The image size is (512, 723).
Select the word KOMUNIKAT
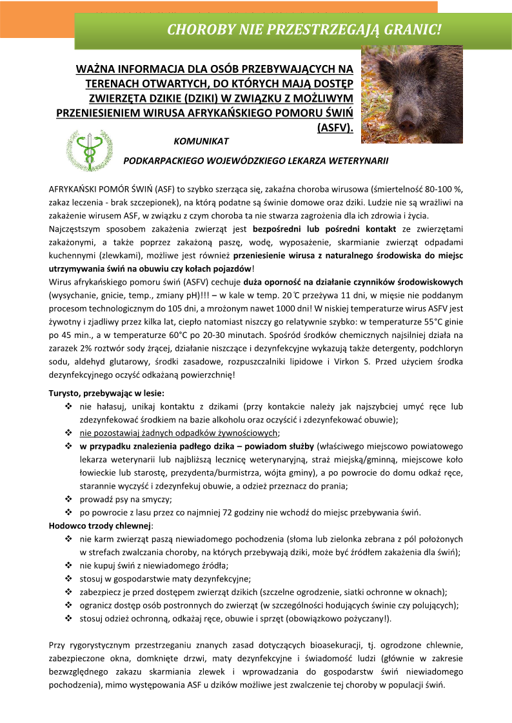(202, 140)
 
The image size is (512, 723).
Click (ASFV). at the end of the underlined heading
(335, 127)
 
